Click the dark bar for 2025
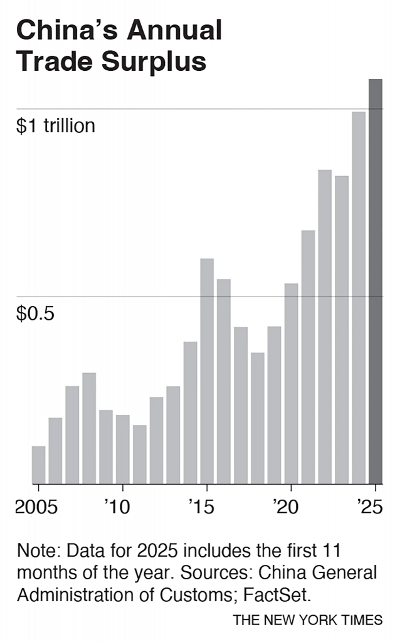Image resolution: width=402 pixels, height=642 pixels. pos(375,282)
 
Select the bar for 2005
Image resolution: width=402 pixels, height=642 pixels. pos(38,465)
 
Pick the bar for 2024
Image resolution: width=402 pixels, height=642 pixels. pos(358,298)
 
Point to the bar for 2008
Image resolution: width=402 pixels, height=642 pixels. pos(89,428)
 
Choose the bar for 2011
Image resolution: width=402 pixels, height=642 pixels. pos(139,455)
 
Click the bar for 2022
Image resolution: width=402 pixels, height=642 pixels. pos(324,327)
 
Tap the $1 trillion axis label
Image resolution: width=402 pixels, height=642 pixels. pos(56,126)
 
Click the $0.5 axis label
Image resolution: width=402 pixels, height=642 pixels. pos(35,313)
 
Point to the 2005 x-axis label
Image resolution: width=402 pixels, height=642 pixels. pos(36,507)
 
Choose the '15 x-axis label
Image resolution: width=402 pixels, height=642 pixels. pos(201,507)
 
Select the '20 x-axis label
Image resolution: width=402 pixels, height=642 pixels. pos(286,507)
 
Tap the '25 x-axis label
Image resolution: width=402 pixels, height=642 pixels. pos(369,507)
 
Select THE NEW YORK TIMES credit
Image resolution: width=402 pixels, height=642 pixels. pos(307,620)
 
